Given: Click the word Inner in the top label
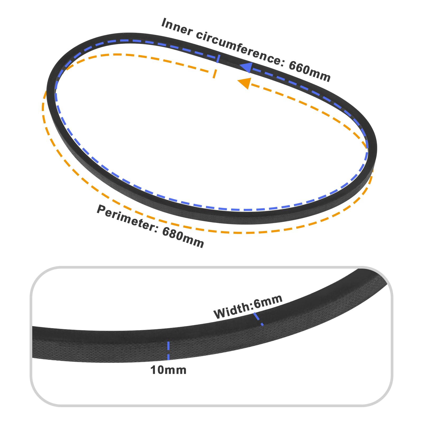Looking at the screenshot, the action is point(177,26).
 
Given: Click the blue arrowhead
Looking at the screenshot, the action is point(246,67).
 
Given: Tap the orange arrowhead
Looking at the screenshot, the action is point(245,83).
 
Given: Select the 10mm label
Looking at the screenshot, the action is point(168,370).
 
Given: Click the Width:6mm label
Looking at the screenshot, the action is point(248,306).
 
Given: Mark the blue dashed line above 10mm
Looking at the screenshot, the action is point(168,351).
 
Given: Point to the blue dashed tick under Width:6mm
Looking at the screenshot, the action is point(258,319).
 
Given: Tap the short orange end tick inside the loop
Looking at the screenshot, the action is point(215,74).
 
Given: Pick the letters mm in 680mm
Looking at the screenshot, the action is point(194,241).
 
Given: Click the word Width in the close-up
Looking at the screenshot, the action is point(232,312).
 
